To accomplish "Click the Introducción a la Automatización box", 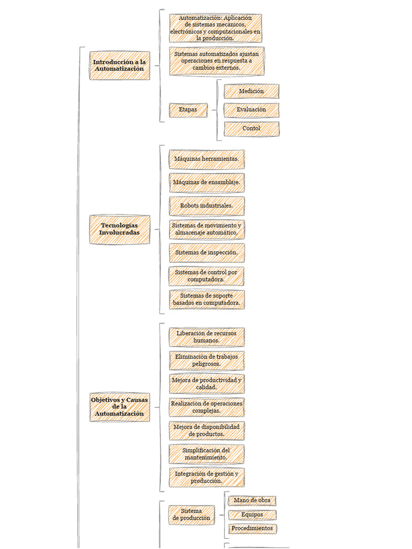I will [x=120, y=65].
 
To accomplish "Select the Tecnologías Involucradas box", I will [x=120, y=229].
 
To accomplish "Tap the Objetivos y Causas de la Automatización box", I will [x=120, y=407].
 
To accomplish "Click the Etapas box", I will [x=188, y=110].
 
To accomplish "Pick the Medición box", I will [x=252, y=91].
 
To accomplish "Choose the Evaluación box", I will [x=252, y=110].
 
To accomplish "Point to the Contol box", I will [x=252, y=129].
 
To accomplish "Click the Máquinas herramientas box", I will [x=207, y=159].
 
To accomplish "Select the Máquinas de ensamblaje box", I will [x=207, y=183].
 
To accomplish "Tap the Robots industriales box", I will [x=207, y=206].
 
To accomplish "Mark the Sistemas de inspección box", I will [x=207, y=253].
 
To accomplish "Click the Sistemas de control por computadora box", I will [x=207, y=276].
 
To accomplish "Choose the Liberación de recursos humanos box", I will [x=207, y=337].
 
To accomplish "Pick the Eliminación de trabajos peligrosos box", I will [x=207, y=360].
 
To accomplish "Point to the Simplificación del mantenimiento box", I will [x=207, y=454].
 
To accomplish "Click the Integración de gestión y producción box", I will [x=207, y=477].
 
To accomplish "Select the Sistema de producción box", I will [x=192, y=515].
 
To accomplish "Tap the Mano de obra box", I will [x=252, y=501].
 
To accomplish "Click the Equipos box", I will [x=252, y=515].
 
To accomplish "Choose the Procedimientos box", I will [x=252, y=529].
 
